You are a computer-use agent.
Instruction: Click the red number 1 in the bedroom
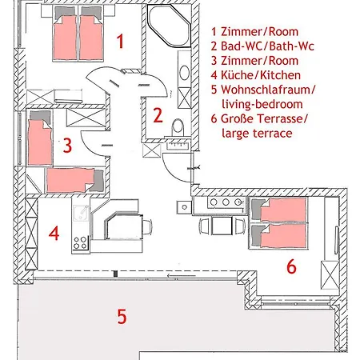tap(121, 41)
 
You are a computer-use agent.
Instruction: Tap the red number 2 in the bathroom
tap(158, 115)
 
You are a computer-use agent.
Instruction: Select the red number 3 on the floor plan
tap(67, 145)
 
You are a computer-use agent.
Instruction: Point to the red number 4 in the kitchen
tap(54, 234)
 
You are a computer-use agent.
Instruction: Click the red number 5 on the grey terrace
tap(122, 316)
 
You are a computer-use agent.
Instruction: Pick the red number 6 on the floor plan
tap(291, 266)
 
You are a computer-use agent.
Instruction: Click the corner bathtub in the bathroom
tap(170, 26)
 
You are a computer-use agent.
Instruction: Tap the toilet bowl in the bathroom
tap(178, 127)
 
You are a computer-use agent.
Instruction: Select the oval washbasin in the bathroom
tap(184, 73)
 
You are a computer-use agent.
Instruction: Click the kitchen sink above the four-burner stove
tap(81, 213)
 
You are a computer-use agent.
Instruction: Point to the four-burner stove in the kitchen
tap(80, 242)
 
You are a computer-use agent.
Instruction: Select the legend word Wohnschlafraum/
tap(268, 90)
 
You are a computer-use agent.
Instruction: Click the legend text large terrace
tap(257, 133)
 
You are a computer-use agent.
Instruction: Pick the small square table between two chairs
tap(222, 226)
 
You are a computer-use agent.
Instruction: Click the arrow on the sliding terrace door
tap(182, 275)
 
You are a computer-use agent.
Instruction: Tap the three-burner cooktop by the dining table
tap(226, 202)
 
